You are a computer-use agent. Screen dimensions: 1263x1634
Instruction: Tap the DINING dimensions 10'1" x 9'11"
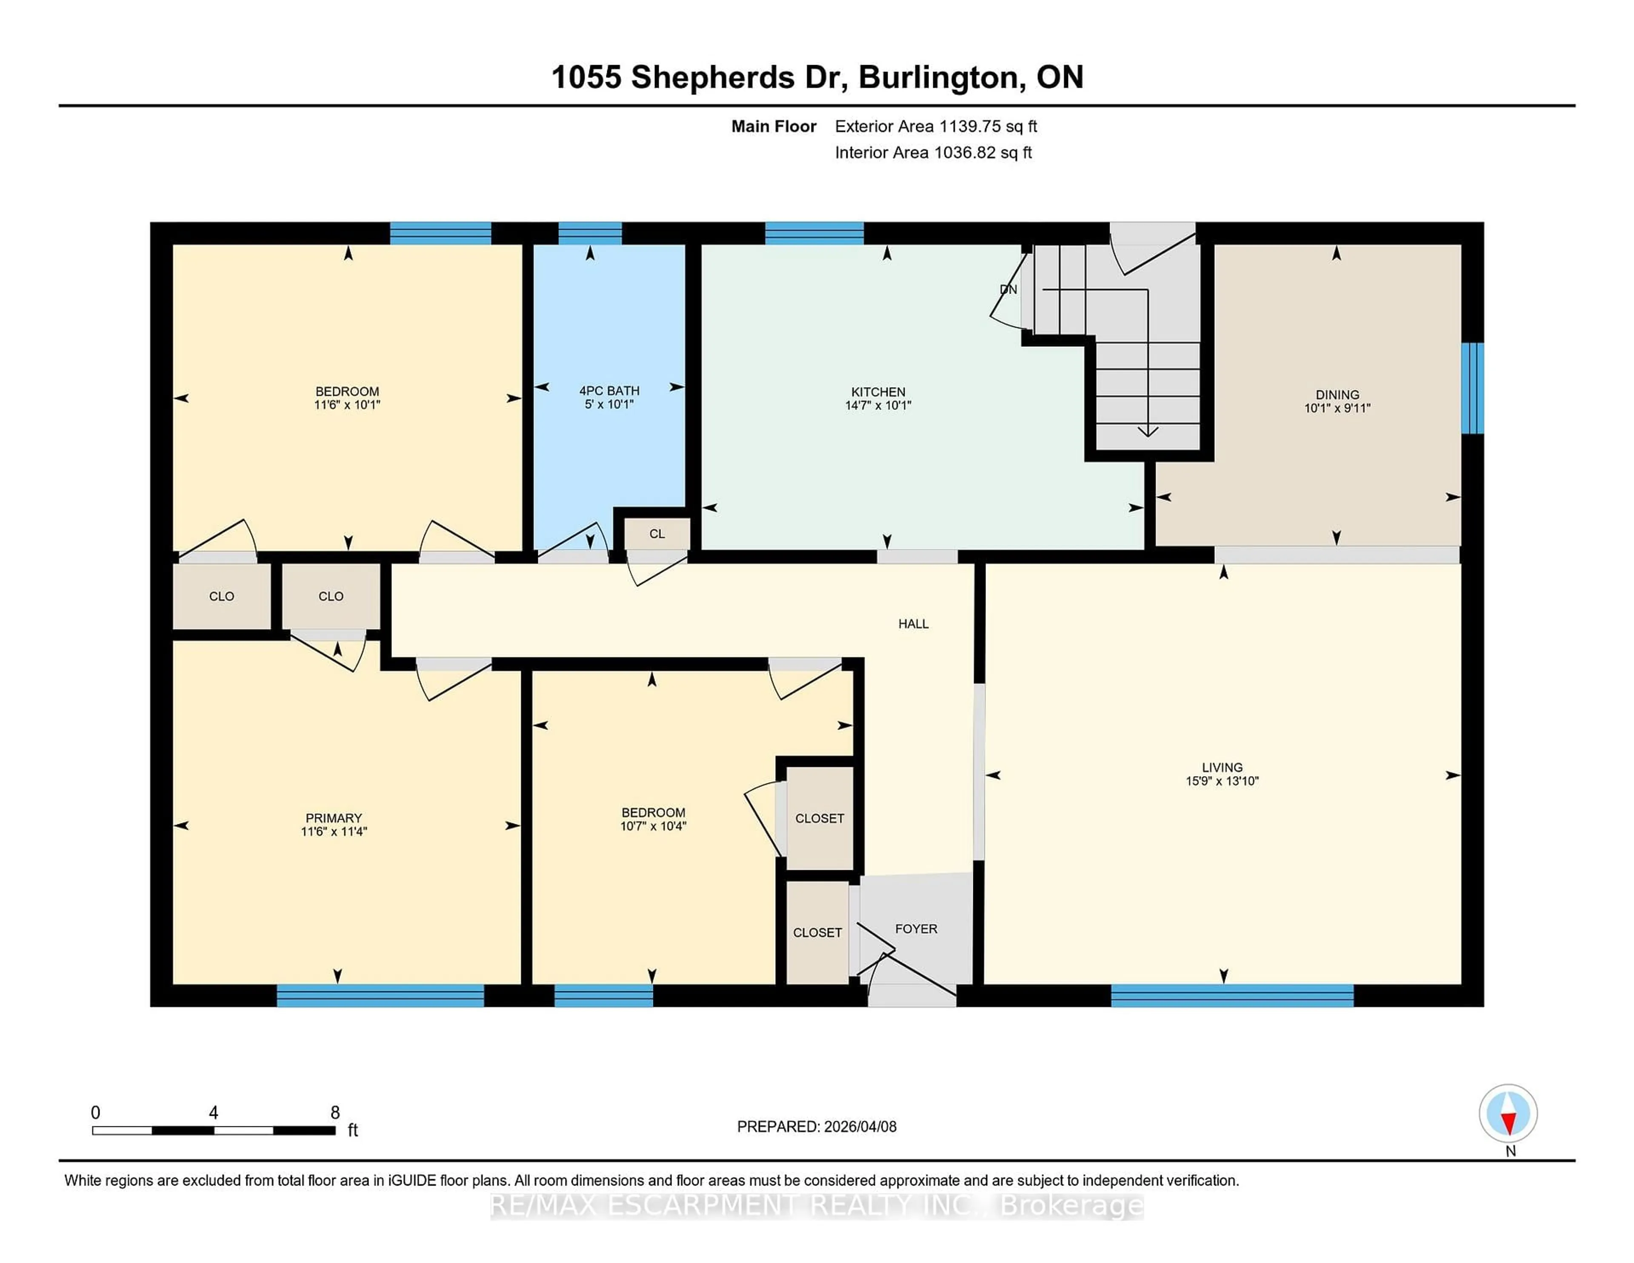(1337, 408)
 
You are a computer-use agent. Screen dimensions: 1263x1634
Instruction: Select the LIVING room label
(1222, 767)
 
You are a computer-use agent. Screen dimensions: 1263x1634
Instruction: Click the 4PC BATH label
(609, 391)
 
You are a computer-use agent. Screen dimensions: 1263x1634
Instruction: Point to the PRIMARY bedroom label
(334, 818)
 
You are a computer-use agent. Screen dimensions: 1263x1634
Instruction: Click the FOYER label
(916, 929)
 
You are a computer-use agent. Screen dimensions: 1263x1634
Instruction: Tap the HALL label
(913, 623)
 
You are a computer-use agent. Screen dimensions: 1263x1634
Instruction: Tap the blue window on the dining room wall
(1471, 388)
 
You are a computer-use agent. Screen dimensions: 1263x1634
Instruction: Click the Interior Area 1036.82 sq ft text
(933, 153)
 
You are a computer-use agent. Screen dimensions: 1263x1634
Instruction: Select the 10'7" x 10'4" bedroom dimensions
(653, 826)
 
